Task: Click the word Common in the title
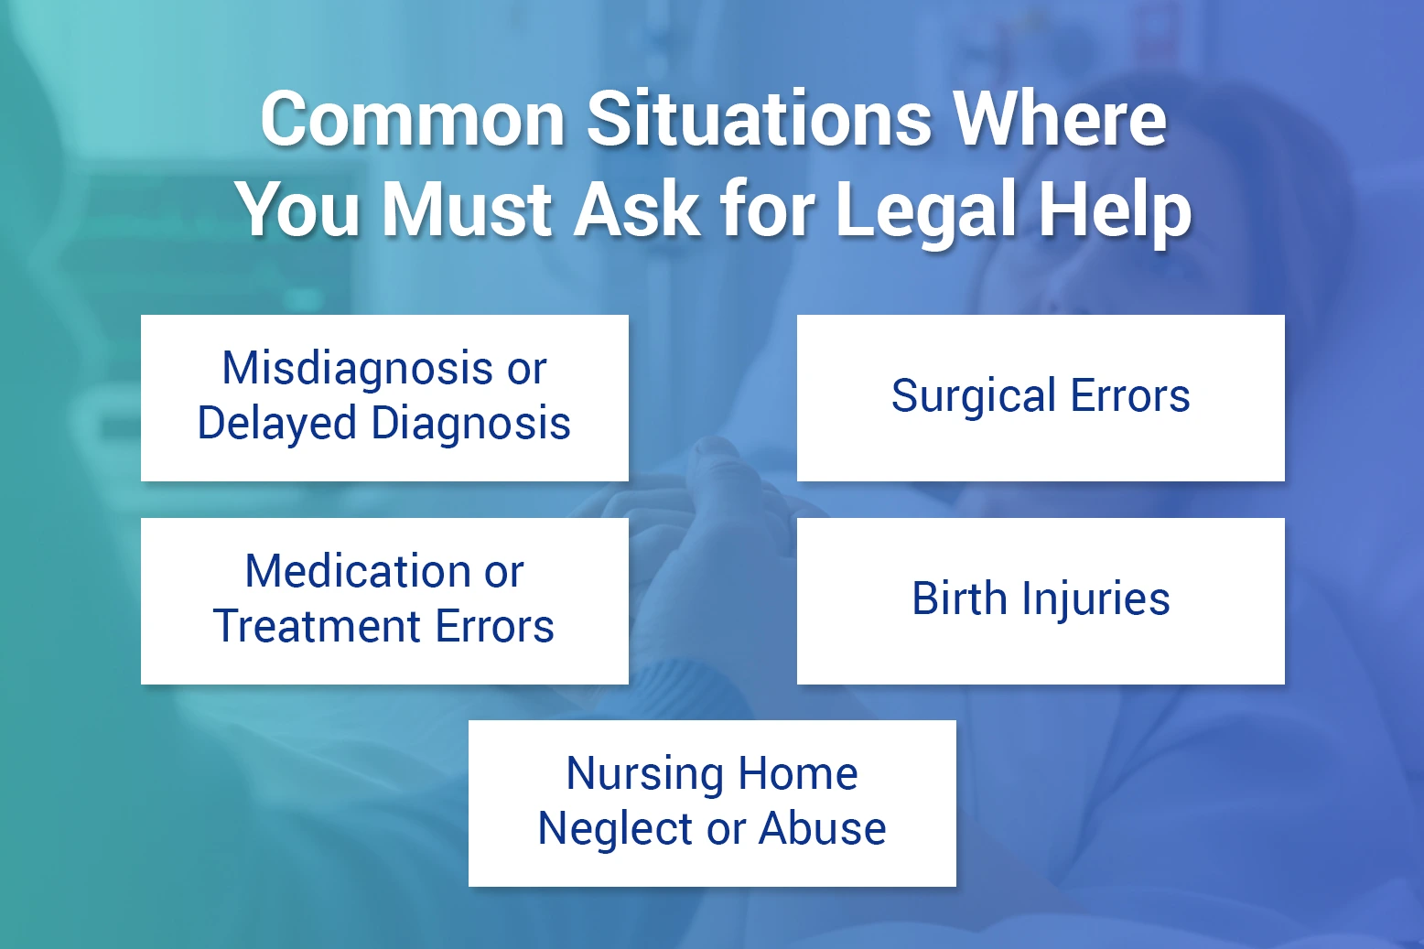tap(413, 119)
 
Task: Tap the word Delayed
tap(277, 424)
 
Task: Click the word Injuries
tap(1095, 600)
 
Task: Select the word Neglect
tap(616, 829)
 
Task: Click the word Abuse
tap(822, 829)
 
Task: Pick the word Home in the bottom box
tap(798, 774)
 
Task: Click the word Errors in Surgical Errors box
tap(1130, 397)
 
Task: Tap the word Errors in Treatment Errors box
tap(494, 627)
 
